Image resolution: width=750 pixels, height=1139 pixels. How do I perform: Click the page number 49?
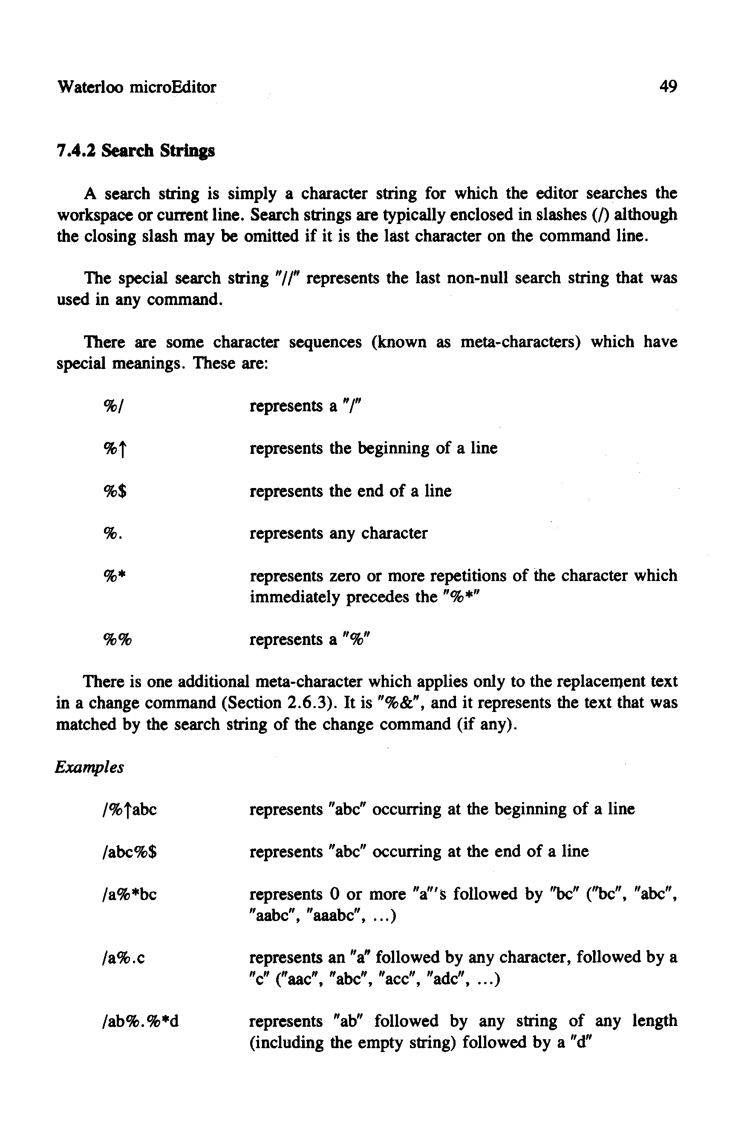pyautogui.click(x=668, y=87)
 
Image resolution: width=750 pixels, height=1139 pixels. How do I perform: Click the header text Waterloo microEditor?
pyautogui.click(x=136, y=87)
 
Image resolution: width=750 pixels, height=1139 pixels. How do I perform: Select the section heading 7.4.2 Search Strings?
pyautogui.click(x=136, y=151)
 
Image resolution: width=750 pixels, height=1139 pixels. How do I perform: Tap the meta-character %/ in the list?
pyautogui.click(x=114, y=406)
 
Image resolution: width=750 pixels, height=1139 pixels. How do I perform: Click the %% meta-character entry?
pyautogui.click(x=118, y=639)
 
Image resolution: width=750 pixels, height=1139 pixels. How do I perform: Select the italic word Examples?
pyautogui.click(x=90, y=767)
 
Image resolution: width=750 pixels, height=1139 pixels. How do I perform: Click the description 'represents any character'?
pyautogui.click(x=339, y=533)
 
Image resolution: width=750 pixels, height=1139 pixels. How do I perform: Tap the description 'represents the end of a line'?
pyautogui.click(x=351, y=491)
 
